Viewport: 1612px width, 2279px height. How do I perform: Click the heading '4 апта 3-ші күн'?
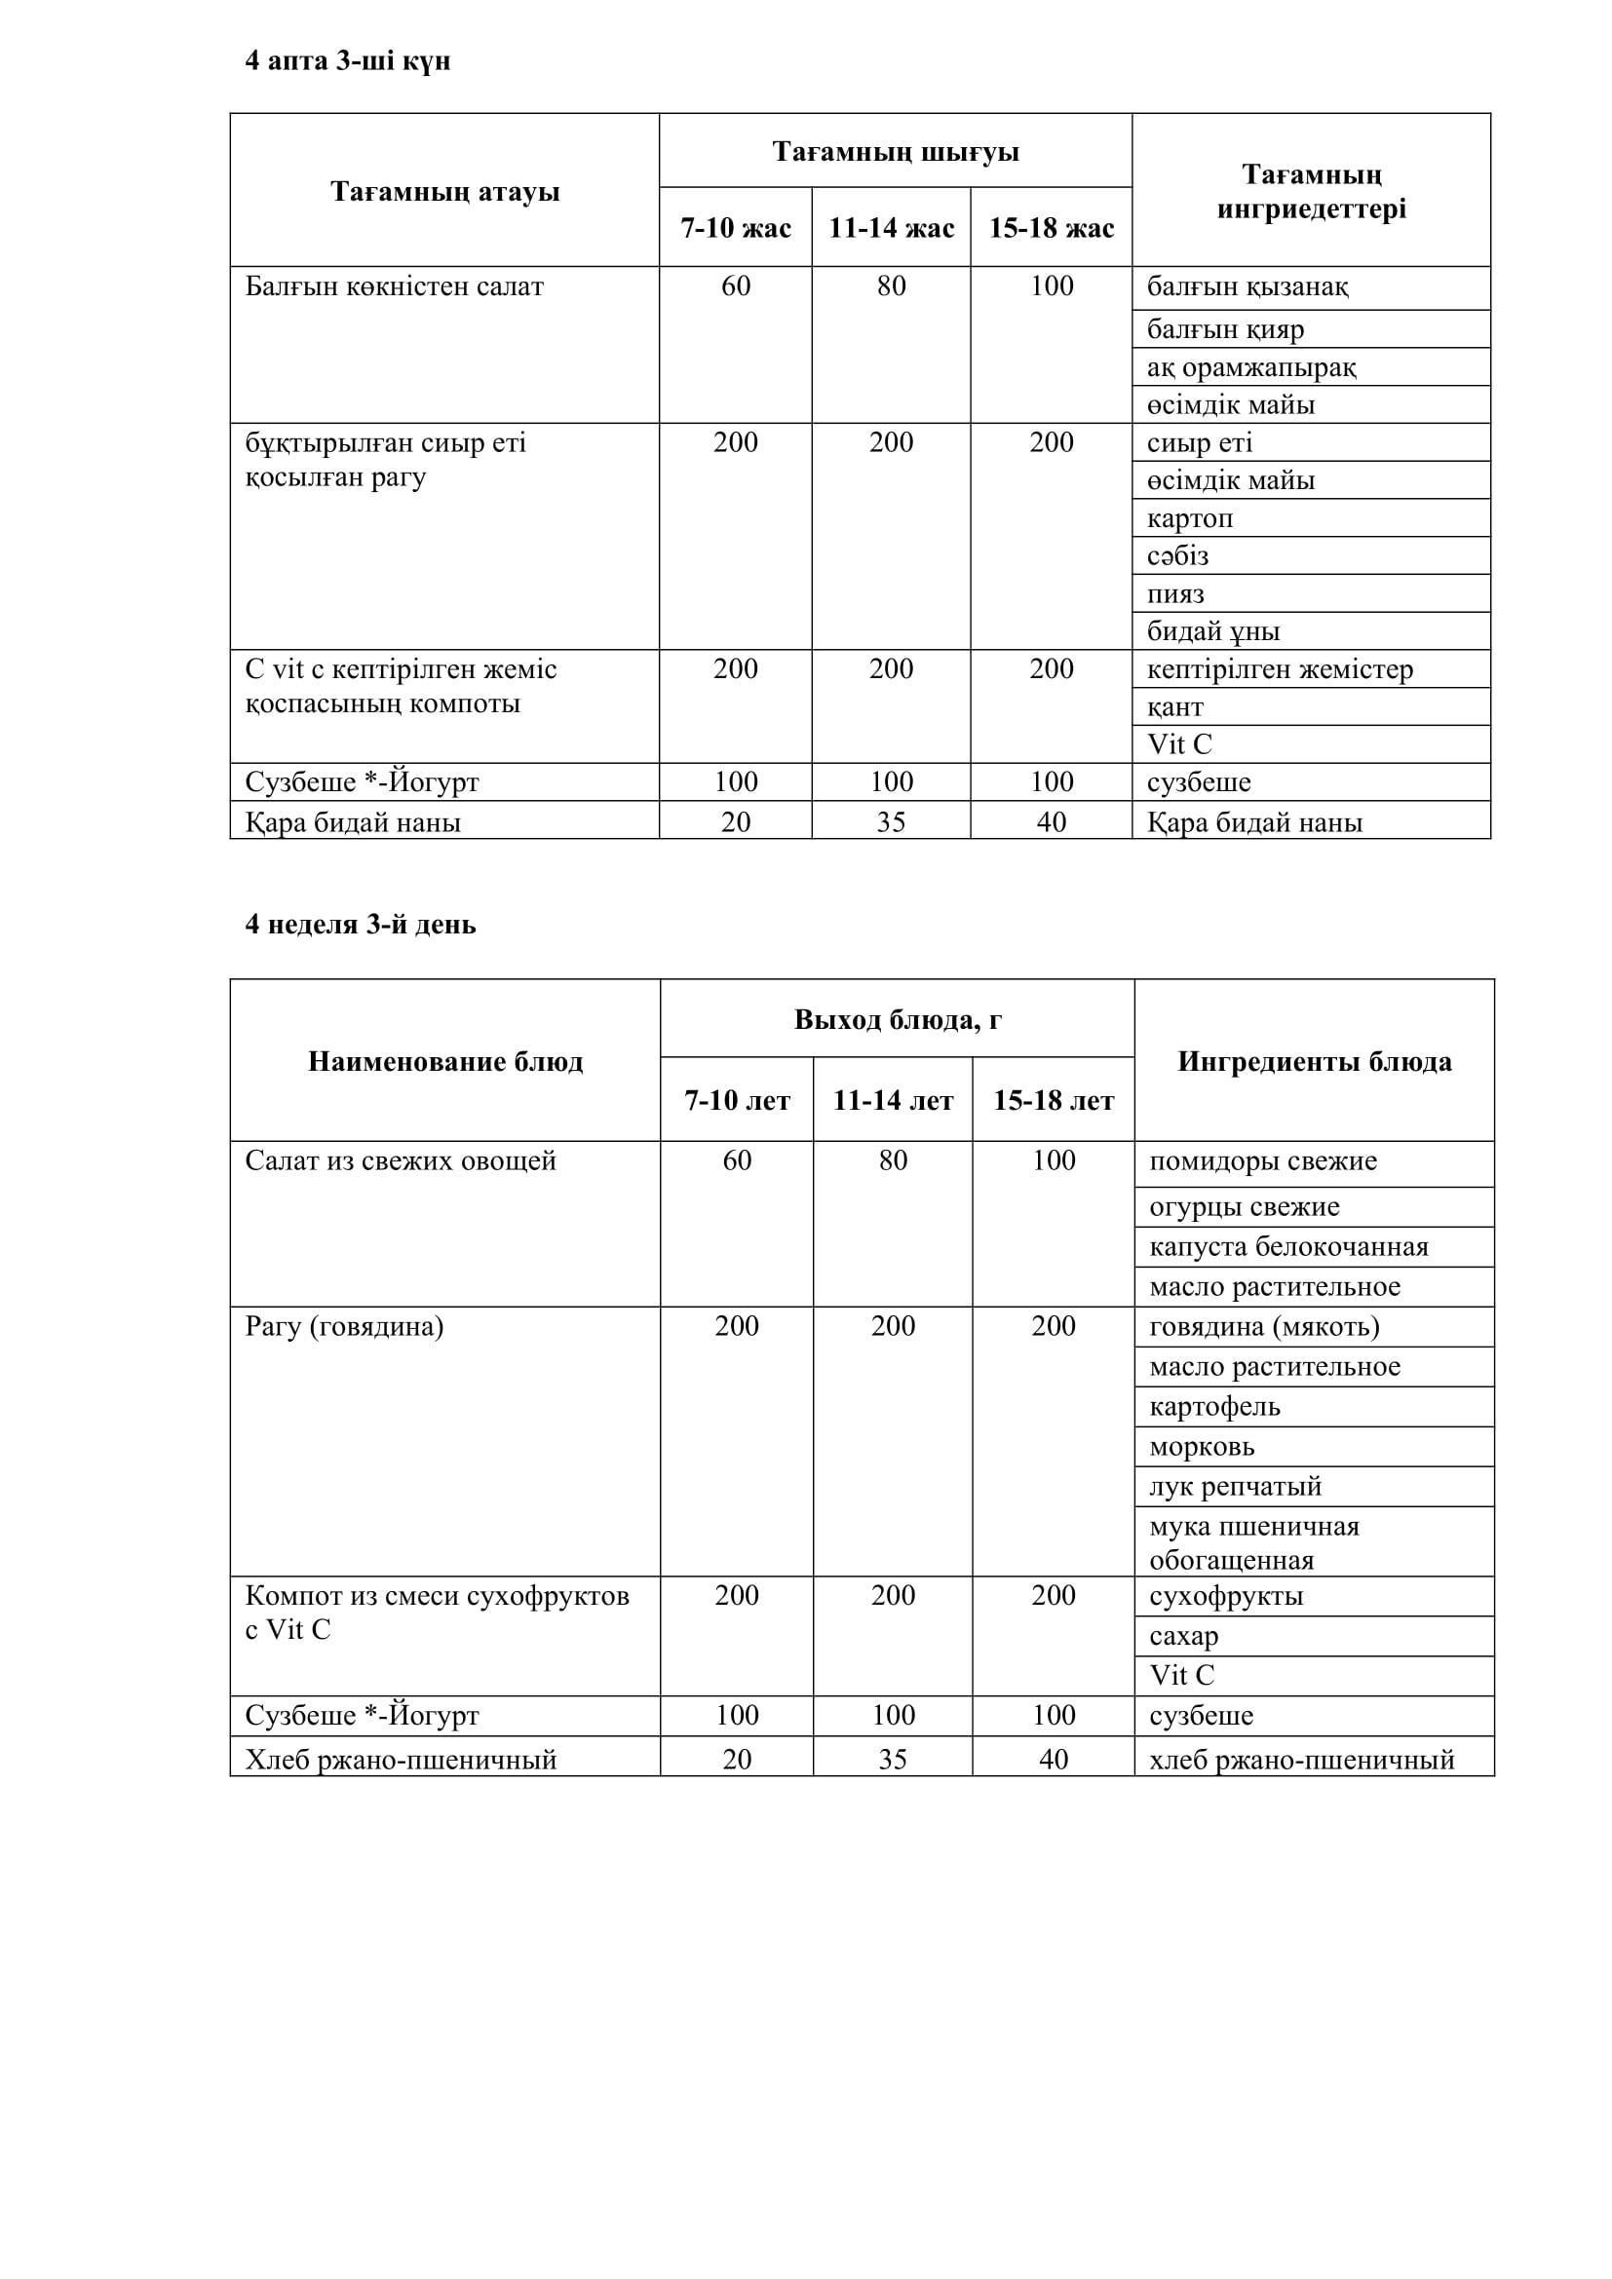click(347, 61)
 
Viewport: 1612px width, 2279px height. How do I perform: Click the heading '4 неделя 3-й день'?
click(361, 924)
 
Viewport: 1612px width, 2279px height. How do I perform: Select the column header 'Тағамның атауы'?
click(444, 192)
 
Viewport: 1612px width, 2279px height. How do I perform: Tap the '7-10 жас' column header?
click(736, 228)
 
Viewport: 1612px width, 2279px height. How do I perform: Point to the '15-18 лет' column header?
click(1054, 1101)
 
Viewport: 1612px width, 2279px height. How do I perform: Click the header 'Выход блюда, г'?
click(898, 1019)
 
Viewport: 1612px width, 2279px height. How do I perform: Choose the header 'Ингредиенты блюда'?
click(1314, 1062)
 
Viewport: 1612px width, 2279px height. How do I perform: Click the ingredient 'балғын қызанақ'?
click(1247, 287)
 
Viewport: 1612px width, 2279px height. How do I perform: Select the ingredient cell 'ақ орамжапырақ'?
click(1251, 367)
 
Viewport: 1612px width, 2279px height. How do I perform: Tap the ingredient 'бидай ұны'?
click(1213, 631)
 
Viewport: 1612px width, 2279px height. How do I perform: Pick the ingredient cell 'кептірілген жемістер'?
click(1280, 670)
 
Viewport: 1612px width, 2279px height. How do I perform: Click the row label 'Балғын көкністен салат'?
click(394, 287)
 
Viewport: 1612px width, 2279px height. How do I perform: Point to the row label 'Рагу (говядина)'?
click(344, 1327)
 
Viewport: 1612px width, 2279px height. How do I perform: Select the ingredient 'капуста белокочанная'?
click(1288, 1248)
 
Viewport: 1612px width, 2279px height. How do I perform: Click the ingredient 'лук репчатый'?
click(1235, 1487)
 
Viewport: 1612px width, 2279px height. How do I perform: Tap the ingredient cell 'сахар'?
click(1183, 1636)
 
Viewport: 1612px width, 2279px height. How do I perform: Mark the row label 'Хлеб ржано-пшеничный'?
click(401, 1760)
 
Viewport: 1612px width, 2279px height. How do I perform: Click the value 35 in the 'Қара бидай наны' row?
click(891, 822)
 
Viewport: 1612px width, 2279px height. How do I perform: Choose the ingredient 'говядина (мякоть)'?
click(1264, 1327)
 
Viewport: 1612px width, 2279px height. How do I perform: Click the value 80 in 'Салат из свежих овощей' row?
click(893, 1160)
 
